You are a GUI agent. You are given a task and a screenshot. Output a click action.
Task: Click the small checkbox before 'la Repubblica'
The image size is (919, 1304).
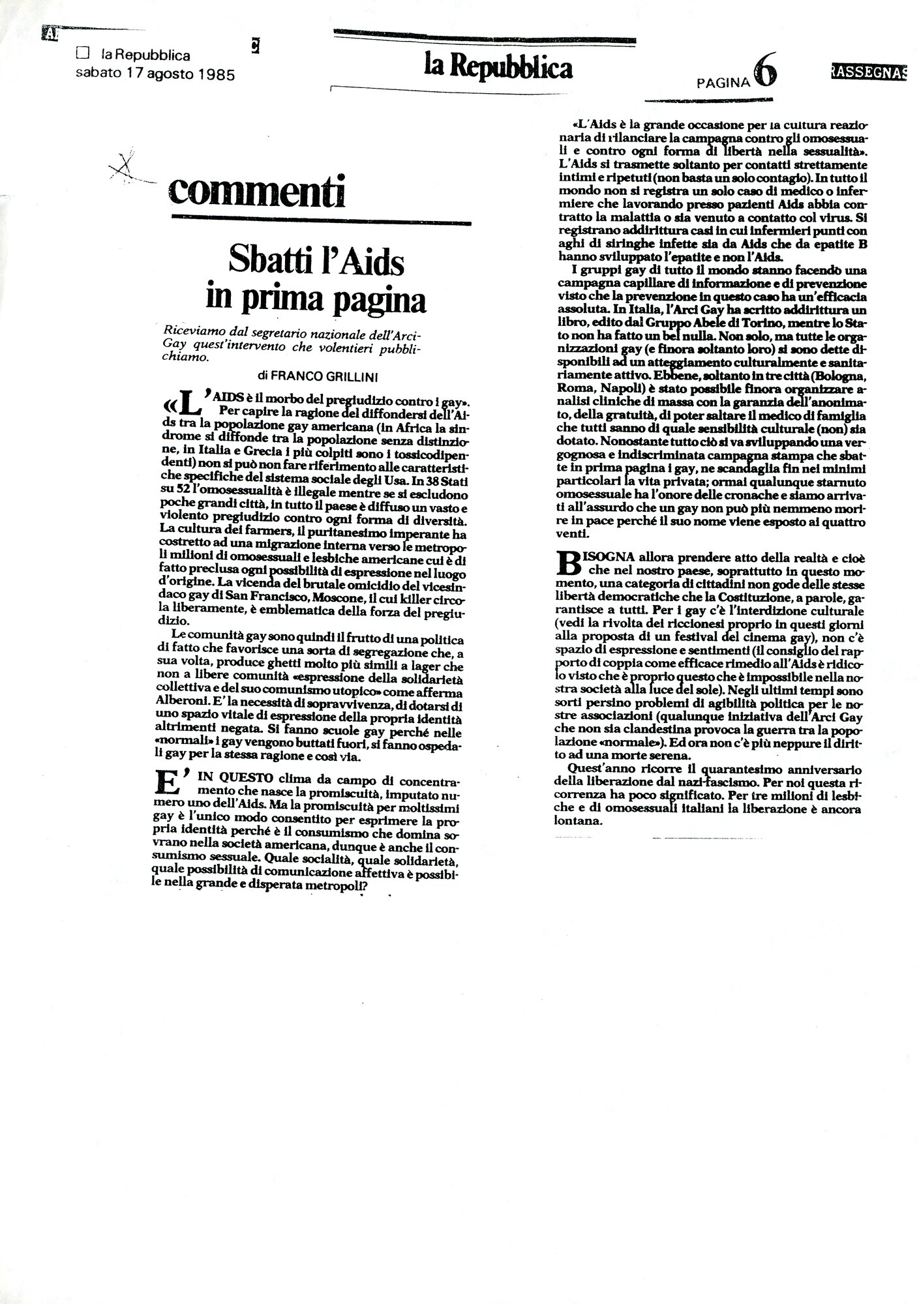(82, 57)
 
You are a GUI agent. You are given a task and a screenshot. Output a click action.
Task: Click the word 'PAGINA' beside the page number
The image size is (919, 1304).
(723, 82)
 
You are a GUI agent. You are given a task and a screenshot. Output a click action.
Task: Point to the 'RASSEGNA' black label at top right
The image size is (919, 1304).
(869, 72)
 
